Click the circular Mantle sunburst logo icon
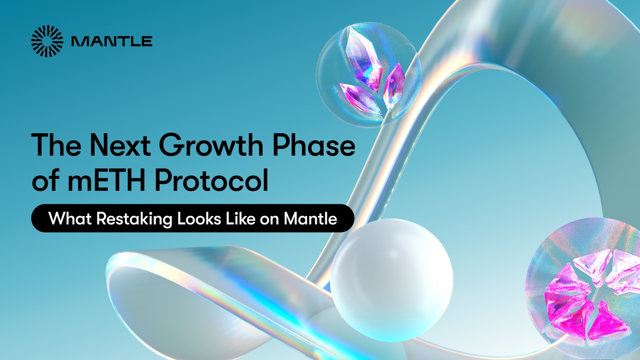pos(47,41)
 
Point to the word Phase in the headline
pos(313,146)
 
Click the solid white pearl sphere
pos(391,280)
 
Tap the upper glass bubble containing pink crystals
pos(369,74)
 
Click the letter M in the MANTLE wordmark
pos(78,42)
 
